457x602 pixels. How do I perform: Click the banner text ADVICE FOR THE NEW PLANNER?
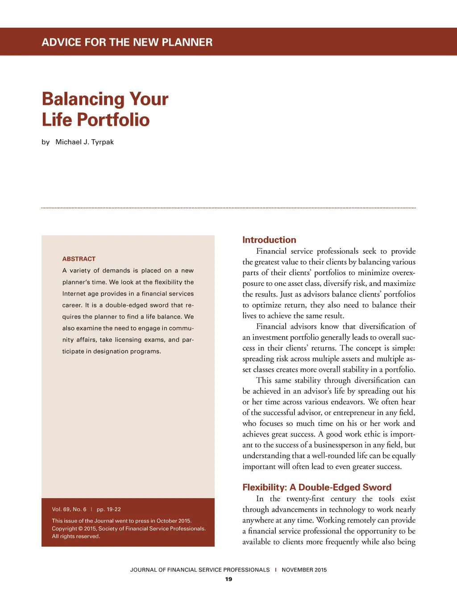127,42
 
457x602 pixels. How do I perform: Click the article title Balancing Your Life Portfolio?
105,109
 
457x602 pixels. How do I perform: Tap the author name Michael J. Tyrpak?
84,142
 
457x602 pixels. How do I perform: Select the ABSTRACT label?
79,259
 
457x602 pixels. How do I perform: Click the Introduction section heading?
269,240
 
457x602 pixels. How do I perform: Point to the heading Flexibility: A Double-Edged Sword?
317,487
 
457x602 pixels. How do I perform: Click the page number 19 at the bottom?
228,579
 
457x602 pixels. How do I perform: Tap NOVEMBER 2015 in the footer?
304,570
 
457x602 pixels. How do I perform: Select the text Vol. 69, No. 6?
69,509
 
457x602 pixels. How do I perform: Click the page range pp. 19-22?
108,509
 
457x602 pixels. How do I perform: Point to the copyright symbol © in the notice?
81,529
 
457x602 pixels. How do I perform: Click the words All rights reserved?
76,536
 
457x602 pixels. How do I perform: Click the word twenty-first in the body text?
305,499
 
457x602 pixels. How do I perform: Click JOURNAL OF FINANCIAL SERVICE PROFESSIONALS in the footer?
200,570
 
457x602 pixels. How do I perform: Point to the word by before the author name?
46,142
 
